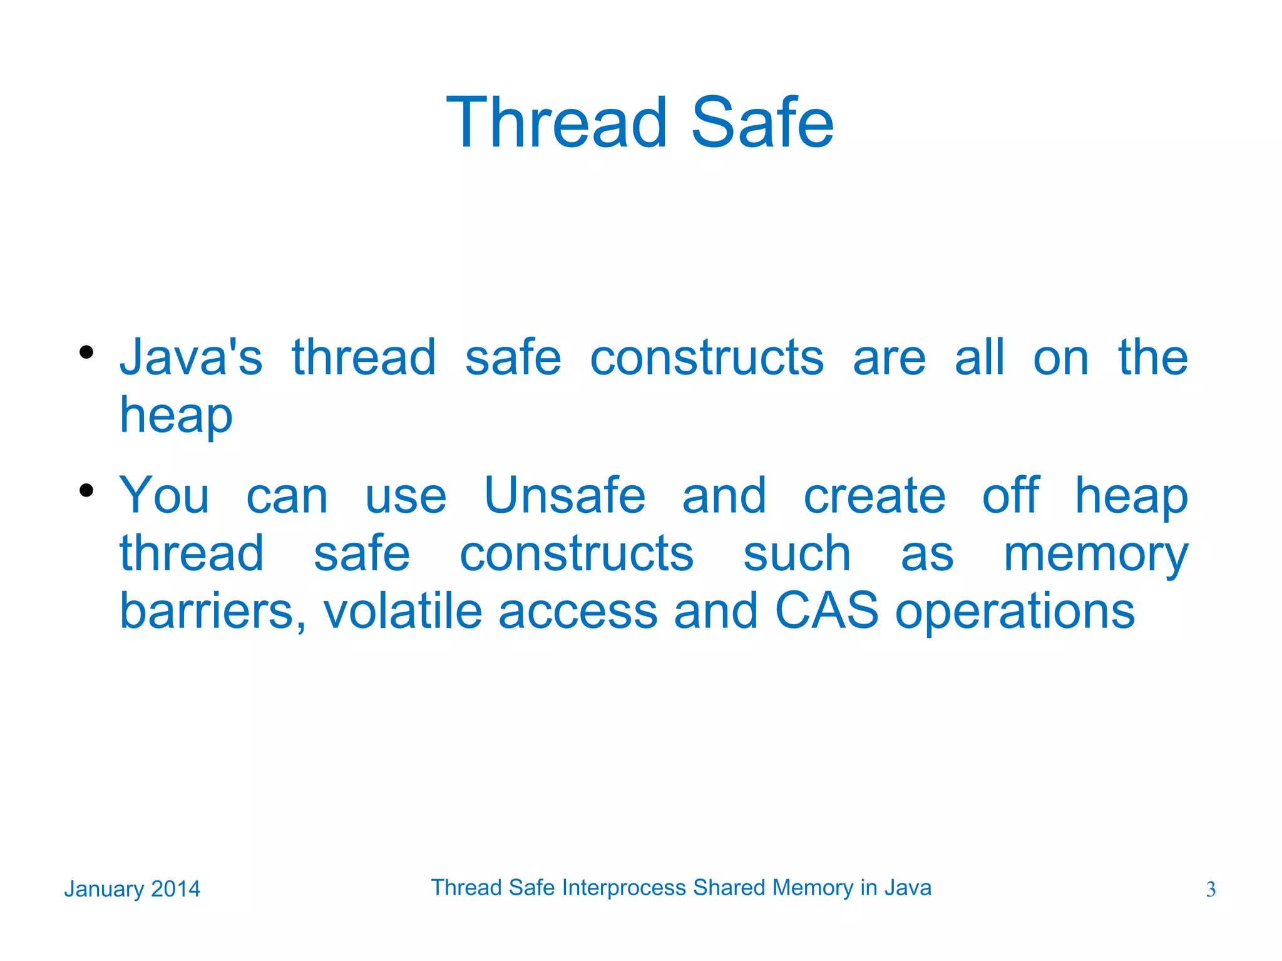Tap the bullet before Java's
coord(86,352)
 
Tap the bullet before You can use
coord(86,490)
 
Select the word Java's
coord(191,357)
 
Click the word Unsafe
coord(565,495)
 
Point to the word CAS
coord(826,610)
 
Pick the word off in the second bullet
coord(1010,495)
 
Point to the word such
coord(797,553)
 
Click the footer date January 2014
coord(132,889)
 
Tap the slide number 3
coord(1211,890)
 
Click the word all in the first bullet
coord(979,357)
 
